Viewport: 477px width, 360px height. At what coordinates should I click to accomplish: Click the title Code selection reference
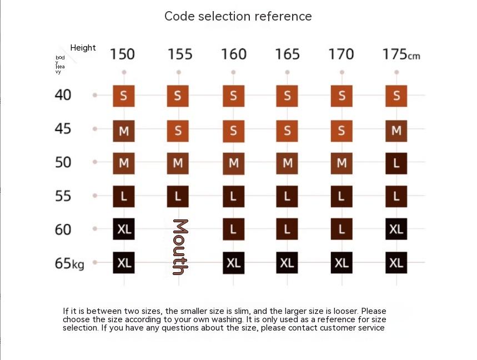[x=238, y=16]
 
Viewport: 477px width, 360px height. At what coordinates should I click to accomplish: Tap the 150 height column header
[x=122, y=54]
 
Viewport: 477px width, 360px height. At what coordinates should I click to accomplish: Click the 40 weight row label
[x=63, y=95]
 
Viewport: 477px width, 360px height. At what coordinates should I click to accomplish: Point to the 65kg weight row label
[x=69, y=263]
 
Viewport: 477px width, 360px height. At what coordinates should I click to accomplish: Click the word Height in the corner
[x=83, y=48]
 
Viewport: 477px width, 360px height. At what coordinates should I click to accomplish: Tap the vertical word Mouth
[x=180, y=247]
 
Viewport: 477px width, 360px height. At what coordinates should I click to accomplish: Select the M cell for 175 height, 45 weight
[x=396, y=131]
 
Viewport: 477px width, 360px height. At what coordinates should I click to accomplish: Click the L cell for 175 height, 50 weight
[x=396, y=163]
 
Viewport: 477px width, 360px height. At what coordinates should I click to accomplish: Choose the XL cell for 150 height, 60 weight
[x=124, y=229]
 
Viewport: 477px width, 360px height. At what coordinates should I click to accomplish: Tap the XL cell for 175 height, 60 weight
[x=396, y=229]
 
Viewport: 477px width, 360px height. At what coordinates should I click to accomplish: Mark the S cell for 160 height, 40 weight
[x=233, y=96]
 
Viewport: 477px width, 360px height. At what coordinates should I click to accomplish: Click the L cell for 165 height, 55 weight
[x=287, y=197]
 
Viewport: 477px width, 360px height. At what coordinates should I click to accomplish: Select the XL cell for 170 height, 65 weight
[x=342, y=263]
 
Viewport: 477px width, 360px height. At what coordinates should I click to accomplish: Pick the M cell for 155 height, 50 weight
[x=178, y=163]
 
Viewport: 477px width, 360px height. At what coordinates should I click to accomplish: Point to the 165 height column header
[x=287, y=54]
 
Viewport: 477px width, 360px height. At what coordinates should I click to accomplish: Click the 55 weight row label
[x=63, y=196]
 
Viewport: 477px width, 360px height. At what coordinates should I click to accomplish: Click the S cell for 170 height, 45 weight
[x=342, y=131]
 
